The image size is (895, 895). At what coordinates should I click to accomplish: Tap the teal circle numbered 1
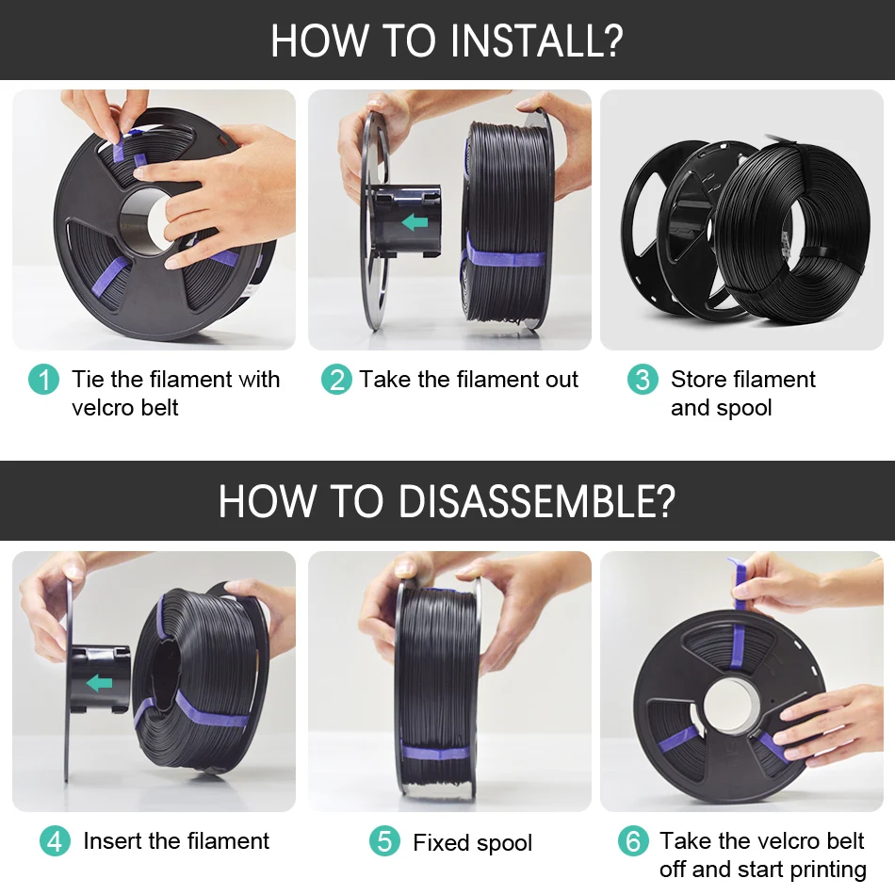(44, 380)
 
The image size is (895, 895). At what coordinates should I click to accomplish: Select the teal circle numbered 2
(336, 380)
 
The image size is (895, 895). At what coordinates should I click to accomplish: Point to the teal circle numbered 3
(643, 380)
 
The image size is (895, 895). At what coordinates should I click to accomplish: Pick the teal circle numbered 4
(56, 841)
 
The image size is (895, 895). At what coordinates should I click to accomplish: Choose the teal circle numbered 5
(384, 841)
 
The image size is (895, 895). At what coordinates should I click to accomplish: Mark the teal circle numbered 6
(634, 841)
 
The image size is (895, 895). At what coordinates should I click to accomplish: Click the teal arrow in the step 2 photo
(415, 221)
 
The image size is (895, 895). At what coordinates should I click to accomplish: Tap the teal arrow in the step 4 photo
(99, 683)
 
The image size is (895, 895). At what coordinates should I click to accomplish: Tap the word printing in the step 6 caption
(827, 870)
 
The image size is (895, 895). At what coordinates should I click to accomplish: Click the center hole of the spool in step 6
(732, 704)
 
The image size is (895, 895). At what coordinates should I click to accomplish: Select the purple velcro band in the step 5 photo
(436, 753)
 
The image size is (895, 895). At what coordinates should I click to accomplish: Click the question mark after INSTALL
(610, 41)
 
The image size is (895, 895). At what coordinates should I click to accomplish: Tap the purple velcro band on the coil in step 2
(503, 254)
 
